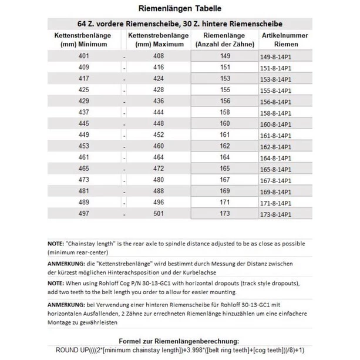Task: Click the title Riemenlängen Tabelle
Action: pos(180,9)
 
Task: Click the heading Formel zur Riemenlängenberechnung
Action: pos(180,341)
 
